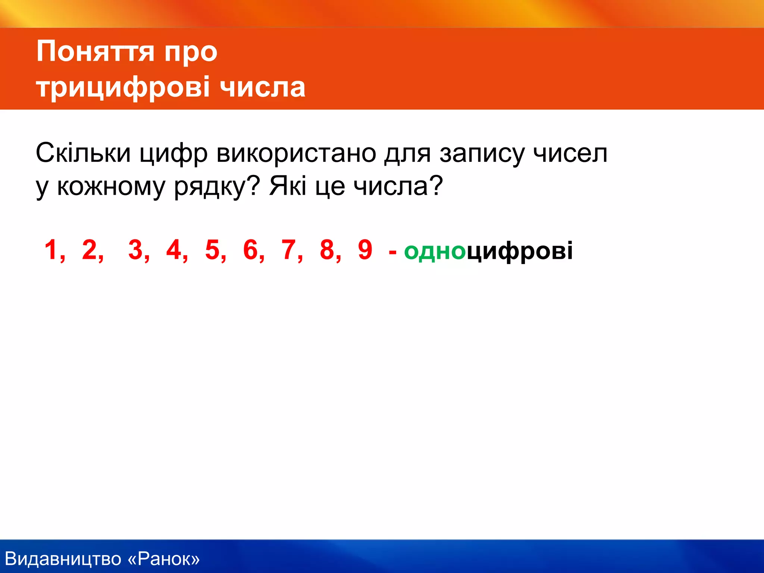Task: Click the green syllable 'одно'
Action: (x=435, y=251)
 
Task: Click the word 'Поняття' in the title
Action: (x=95, y=51)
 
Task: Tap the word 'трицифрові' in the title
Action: (x=123, y=87)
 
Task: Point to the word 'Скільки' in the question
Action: (x=83, y=153)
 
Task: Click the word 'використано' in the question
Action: (x=296, y=153)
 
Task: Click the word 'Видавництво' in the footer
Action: (x=63, y=559)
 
